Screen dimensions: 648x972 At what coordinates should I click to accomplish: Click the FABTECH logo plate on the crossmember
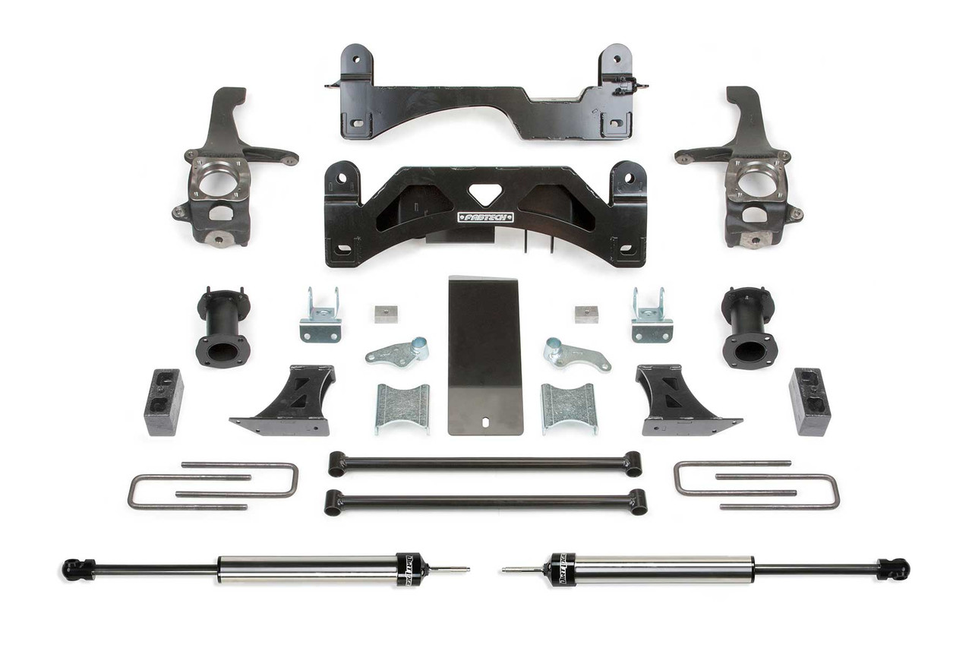coord(485,217)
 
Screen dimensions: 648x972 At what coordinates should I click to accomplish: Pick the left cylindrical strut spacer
coord(222,327)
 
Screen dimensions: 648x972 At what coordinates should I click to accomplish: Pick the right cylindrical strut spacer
coord(749,327)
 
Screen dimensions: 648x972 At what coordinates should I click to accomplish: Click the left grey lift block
coord(163,402)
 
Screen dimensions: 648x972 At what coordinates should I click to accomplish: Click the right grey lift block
coord(809,402)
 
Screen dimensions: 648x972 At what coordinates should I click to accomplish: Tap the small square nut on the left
coord(386,314)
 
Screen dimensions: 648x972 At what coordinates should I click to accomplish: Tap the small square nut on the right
coord(585,314)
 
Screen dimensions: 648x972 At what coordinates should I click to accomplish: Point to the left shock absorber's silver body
coord(304,568)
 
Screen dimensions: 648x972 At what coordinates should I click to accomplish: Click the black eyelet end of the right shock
coord(894,568)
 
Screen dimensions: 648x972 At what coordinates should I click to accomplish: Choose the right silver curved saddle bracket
coord(569,408)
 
